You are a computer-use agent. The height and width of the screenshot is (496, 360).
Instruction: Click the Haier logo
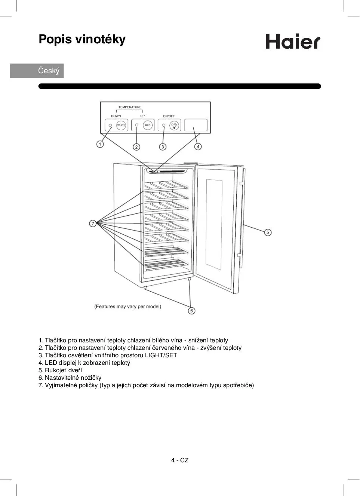pos(293,41)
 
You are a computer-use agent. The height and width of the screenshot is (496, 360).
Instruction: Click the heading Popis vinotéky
pos(82,39)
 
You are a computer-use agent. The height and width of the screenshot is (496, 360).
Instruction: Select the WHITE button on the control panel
pos(121,125)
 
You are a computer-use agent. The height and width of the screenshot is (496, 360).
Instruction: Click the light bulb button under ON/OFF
pos(174,126)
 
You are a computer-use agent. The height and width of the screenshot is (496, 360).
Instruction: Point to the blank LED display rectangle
pos(196,125)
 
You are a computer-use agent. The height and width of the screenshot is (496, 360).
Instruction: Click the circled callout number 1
pos(100,144)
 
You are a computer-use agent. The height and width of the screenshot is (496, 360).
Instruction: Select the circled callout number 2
pos(136,147)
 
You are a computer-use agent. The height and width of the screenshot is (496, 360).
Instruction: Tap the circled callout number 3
pos(163,147)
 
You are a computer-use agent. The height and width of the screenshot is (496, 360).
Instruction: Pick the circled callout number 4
pos(198,147)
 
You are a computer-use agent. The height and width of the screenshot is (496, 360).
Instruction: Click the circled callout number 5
pos(268,232)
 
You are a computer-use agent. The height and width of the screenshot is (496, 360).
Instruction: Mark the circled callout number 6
pos(192,311)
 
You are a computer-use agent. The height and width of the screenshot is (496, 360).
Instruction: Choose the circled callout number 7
pos(93,224)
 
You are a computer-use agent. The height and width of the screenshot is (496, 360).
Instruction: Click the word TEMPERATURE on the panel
pos(130,107)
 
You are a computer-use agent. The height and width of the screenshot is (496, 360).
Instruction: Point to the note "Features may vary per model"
pos(128,306)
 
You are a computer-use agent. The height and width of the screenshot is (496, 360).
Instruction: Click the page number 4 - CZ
pos(180,460)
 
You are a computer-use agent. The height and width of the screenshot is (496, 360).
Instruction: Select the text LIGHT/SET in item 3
pos(161,355)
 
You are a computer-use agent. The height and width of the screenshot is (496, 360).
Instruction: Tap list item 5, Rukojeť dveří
pos(60,370)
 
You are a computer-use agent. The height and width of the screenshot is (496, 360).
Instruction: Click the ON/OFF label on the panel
pos(169,116)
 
